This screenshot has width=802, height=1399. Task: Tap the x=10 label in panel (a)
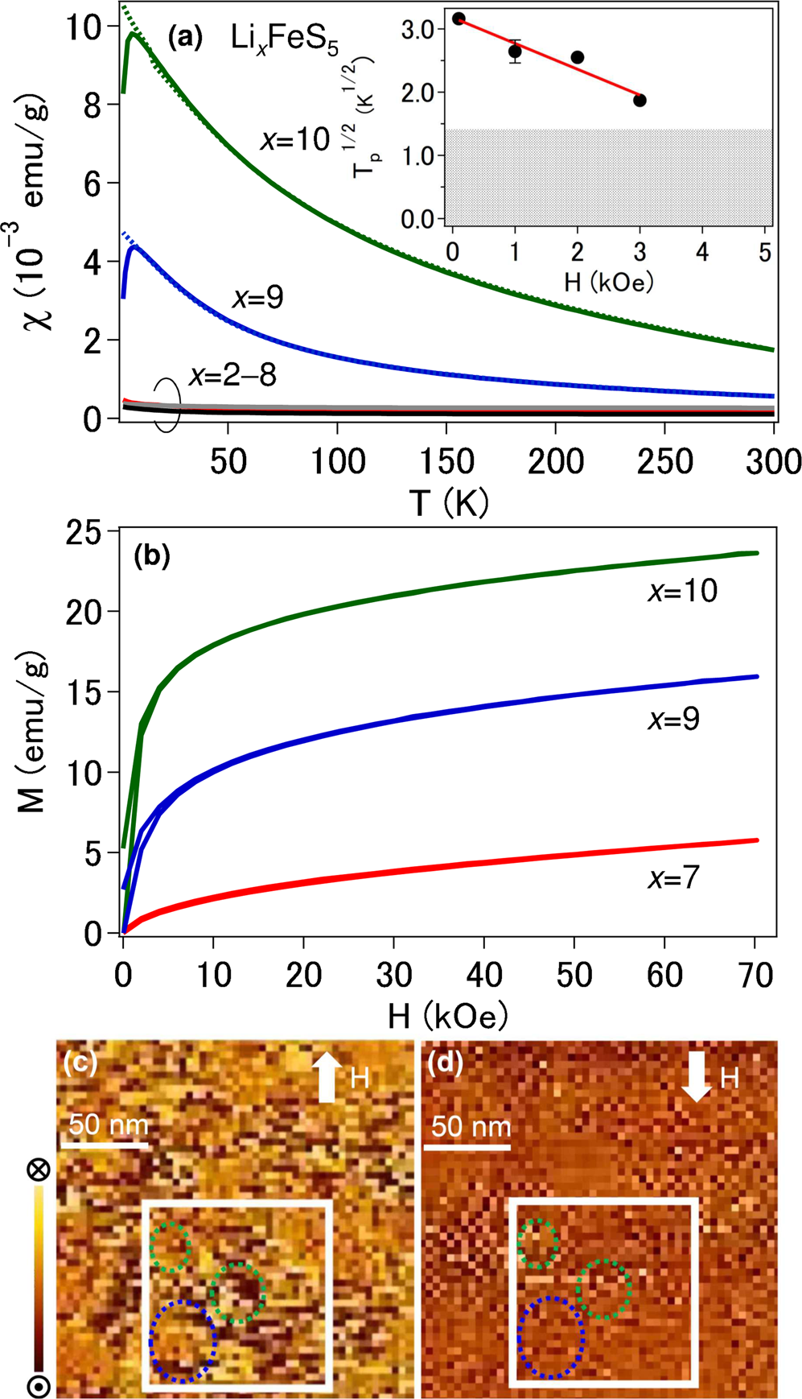click(295, 140)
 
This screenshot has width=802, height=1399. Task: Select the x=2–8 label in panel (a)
click(232, 375)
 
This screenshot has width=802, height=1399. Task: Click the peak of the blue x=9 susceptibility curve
click(134, 247)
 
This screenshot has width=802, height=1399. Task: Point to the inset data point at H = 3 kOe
click(640, 101)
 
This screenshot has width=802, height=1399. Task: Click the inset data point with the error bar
click(515, 52)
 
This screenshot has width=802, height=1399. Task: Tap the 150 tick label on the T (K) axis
click(446, 462)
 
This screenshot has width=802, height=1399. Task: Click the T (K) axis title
click(449, 503)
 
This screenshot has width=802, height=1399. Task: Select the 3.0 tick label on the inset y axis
click(417, 29)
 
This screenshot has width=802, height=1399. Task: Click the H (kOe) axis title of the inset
click(608, 282)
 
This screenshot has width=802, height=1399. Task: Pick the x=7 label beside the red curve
click(673, 877)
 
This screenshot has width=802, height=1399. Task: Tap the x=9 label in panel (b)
click(673, 719)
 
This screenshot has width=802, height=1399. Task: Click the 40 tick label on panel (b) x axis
click(484, 976)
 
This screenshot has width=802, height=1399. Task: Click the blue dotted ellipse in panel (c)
click(183, 1341)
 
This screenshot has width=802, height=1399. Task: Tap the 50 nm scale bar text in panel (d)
click(470, 1125)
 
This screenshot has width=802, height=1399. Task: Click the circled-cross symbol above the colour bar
click(39, 1170)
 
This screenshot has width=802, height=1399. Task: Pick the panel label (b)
click(152, 556)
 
